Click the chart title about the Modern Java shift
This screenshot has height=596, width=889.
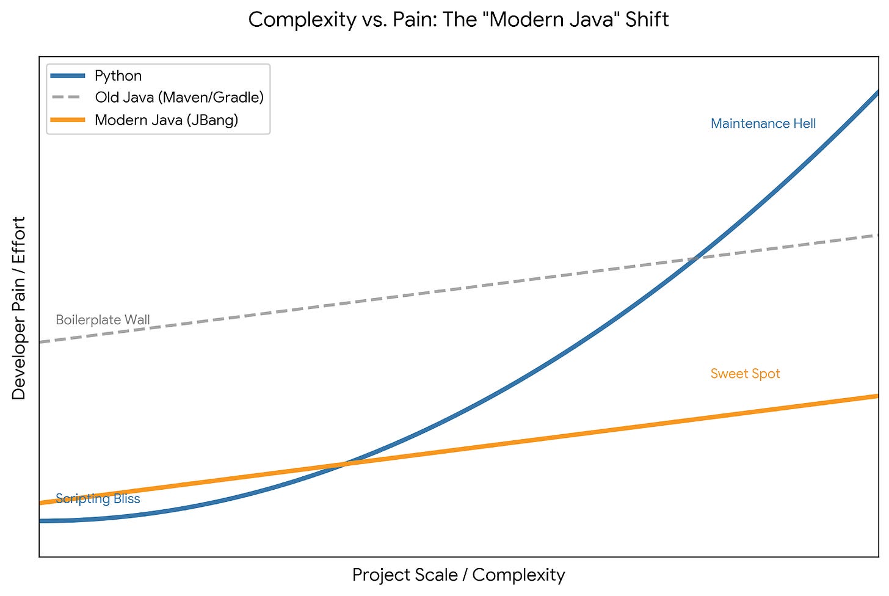(x=458, y=20)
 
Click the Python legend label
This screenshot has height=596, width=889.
(x=118, y=76)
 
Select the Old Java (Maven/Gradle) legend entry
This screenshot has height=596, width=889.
(x=179, y=98)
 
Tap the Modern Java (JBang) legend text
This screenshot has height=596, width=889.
(x=166, y=120)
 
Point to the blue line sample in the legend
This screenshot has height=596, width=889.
(x=68, y=76)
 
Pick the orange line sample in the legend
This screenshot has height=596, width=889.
(x=68, y=120)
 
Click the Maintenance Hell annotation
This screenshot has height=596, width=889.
(x=763, y=124)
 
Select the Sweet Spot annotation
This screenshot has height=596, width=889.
(x=745, y=374)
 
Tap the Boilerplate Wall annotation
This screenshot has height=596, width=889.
(x=103, y=320)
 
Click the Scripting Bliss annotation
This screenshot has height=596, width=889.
(x=98, y=499)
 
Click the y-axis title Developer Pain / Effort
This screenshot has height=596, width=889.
(x=19, y=308)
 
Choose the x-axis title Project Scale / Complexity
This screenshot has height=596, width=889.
(x=458, y=575)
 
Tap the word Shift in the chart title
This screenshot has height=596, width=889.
(x=647, y=20)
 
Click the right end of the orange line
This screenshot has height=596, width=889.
(x=876, y=396)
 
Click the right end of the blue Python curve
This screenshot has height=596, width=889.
(x=876, y=93)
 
